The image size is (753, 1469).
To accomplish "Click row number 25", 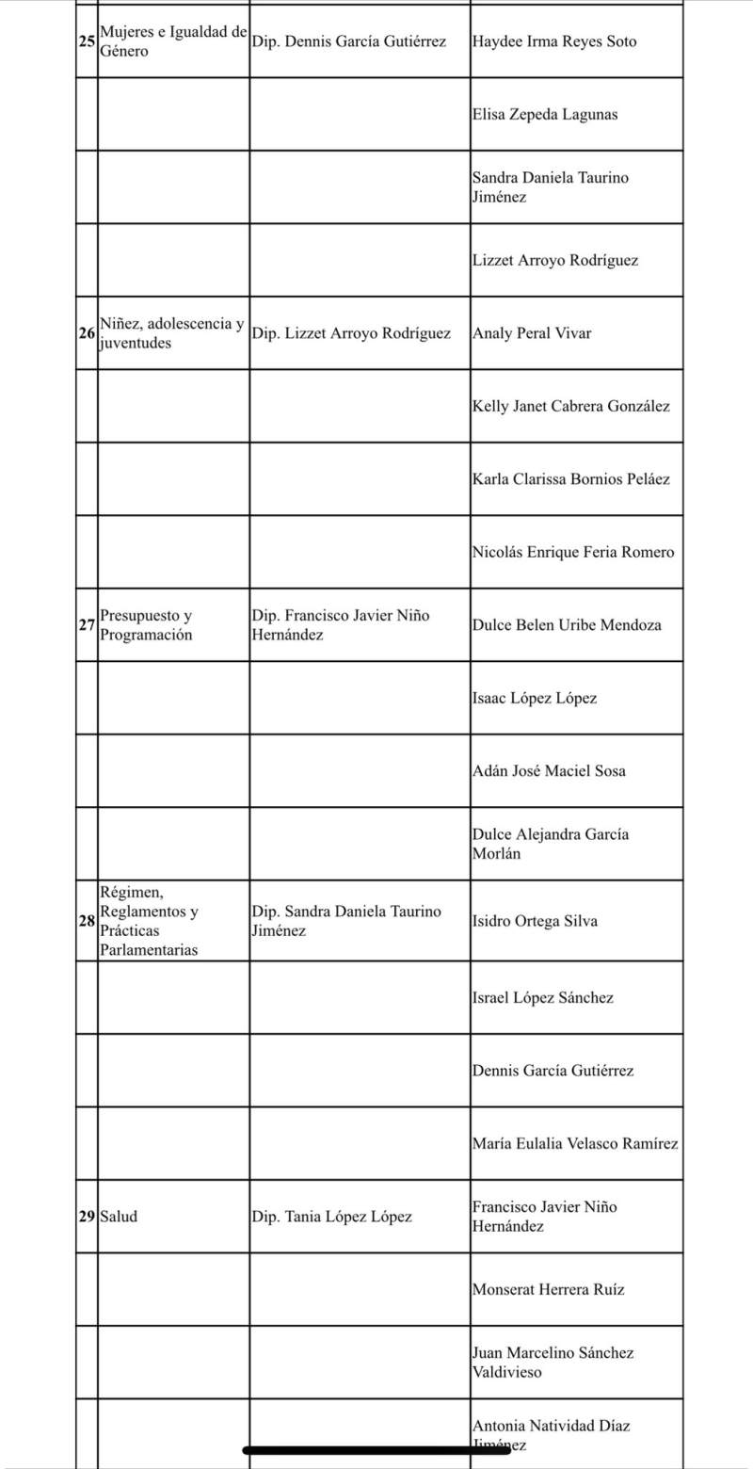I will (88, 42).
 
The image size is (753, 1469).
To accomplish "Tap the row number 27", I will (88, 625).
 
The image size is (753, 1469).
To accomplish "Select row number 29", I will (88, 1217).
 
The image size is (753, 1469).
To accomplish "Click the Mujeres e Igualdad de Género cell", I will (173, 42).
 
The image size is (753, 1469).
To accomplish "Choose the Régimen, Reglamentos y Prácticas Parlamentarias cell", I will (151, 921).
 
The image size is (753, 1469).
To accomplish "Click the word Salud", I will (119, 1217).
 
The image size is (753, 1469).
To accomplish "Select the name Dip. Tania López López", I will (332, 1217).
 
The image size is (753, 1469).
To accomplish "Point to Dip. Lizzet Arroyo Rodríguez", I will (351, 333).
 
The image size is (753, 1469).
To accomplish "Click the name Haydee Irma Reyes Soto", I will (554, 42).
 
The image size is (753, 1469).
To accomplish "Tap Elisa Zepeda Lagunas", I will (545, 115).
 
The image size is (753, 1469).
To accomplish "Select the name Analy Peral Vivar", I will (532, 333).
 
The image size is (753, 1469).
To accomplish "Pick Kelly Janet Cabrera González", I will (571, 407).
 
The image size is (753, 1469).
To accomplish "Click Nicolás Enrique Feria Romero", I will (573, 553).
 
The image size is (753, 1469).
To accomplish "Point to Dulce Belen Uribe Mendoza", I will (567, 625).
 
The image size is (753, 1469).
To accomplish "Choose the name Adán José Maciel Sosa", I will (549, 771).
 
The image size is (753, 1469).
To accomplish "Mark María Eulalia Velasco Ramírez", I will (575, 1144).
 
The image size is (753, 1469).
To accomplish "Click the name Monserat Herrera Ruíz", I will (548, 1290).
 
